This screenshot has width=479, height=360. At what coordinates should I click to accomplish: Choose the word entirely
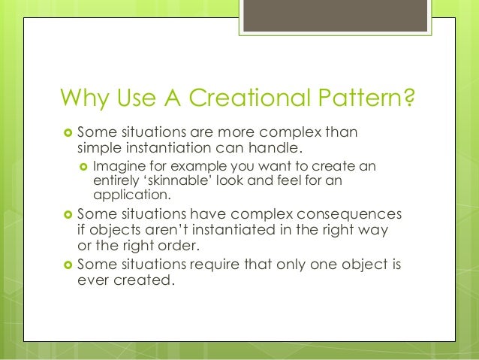point(114,180)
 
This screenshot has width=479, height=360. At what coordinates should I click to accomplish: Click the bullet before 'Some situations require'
point(67,265)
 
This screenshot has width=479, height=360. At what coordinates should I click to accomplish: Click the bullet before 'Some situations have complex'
point(67,214)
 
